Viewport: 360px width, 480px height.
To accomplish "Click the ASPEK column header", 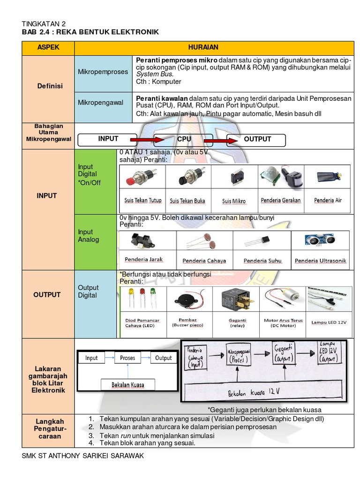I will point(48,48).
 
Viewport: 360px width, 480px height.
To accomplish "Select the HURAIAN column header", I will point(214,48).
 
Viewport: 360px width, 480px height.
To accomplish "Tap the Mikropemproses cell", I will point(103,72).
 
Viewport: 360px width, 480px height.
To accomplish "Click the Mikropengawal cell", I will point(102,103).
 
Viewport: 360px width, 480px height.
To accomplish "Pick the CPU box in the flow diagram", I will point(184,140).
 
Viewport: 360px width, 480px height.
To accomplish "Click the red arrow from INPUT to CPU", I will point(146,140).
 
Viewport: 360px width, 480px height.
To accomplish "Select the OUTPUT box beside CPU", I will point(257,139).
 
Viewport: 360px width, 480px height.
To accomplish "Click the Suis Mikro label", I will point(233,201).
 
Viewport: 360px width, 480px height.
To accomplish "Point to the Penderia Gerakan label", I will point(281,200).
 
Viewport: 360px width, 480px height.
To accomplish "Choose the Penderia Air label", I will point(328,200).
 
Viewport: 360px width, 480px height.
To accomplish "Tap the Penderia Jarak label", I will point(143,259).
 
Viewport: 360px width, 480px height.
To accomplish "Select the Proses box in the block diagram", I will point(127,358).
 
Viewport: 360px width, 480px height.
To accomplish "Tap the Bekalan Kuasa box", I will point(127,385).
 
